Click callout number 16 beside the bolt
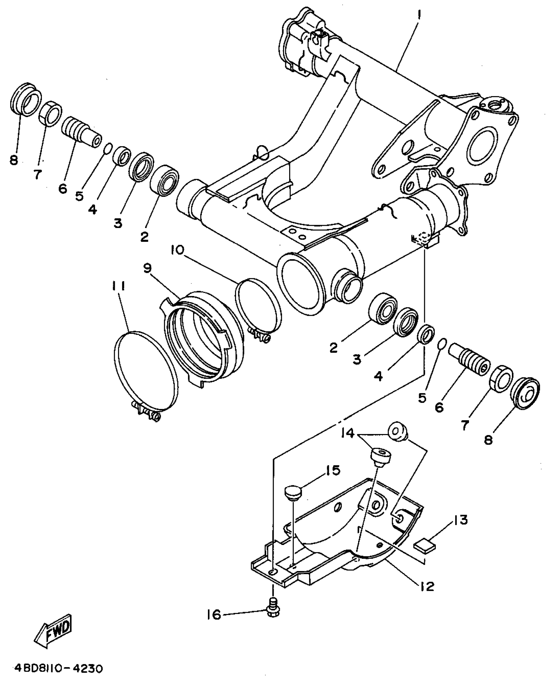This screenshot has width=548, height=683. [x=214, y=615]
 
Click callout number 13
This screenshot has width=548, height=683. [x=461, y=520]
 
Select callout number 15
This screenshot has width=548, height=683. [x=332, y=470]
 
